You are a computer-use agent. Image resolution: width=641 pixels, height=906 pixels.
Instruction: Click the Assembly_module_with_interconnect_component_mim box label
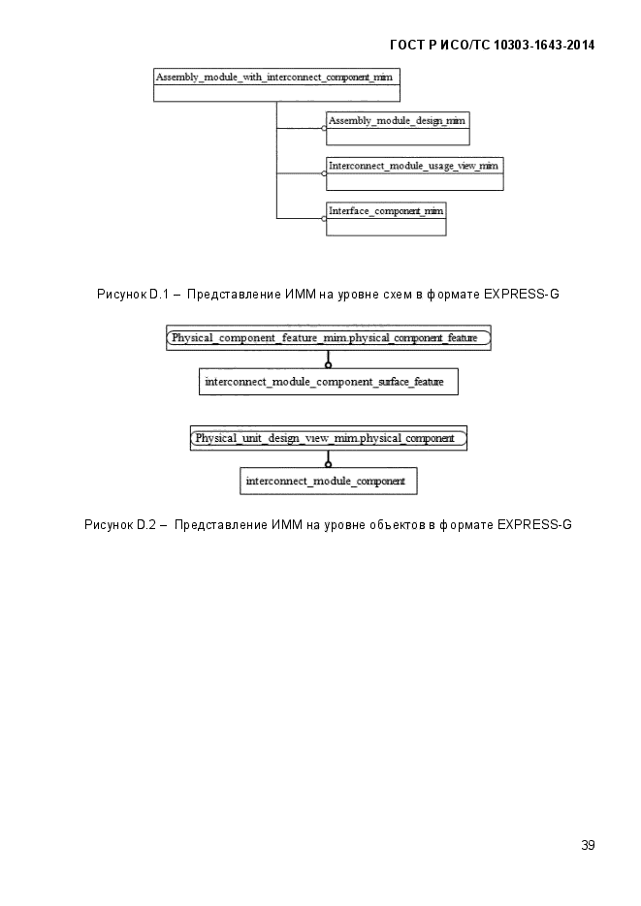pyautogui.click(x=274, y=77)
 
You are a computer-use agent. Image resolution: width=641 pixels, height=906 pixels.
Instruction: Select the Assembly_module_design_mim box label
pyautogui.click(x=397, y=121)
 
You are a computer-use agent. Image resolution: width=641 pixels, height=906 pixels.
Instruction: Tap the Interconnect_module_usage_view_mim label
pyautogui.click(x=413, y=166)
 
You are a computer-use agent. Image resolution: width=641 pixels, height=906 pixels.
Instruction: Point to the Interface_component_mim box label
pyautogui.click(x=386, y=211)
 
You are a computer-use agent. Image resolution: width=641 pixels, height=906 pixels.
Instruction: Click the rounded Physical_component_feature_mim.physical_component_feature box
pyautogui.click(x=329, y=338)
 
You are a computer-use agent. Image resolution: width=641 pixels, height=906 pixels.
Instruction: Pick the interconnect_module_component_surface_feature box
pyautogui.click(x=329, y=382)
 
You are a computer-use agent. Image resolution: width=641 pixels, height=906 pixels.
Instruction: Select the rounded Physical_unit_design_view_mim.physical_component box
pyautogui.click(x=329, y=438)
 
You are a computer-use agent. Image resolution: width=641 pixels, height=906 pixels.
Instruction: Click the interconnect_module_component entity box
pyautogui.click(x=329, y=482)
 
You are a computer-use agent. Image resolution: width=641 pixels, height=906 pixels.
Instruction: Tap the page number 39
pyautogui.click(x=588, y=845)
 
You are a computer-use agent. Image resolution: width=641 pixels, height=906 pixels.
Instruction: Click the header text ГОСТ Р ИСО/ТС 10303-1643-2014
pyautogui.click(x=493, y=46)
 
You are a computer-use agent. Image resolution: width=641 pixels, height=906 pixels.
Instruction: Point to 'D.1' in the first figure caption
pyautogui.click(x=159, y=295)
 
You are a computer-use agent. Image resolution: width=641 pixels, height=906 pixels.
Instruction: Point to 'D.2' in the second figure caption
pyautogui.click(x=146, y=524)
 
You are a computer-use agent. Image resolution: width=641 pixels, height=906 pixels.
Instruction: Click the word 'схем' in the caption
pyautogui.click(x=398, y=295)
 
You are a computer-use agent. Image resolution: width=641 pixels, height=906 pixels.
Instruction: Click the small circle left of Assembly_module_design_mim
pyautogui.click(x=324, y=128)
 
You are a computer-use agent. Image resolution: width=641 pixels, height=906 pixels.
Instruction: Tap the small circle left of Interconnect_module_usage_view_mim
pyautogui.click(x=324, y=173)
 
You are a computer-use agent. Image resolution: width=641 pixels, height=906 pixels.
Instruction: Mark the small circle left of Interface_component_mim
pyautogui.click(x=324, y=218)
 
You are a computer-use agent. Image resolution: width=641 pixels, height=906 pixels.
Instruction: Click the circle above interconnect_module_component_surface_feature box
pyautogui.click(x=329, y=365)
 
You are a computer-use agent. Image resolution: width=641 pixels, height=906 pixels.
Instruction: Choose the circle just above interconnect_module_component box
pyautogui.click(x=329, y=464)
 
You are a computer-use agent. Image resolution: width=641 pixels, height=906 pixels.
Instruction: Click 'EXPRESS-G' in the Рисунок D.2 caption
pyautogui.click(x=534, y=524)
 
